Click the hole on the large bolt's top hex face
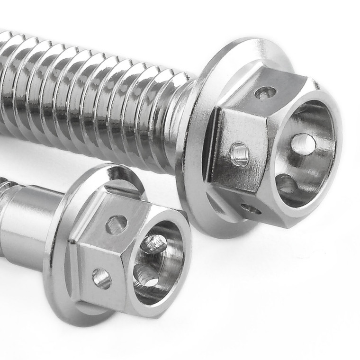[x=265, y=93]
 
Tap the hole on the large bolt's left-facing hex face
[x=240, y=154]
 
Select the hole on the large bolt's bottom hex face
[x=251, y=208]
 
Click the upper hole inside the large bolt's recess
[x=303, y=144]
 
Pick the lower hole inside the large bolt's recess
[x=286, y=184]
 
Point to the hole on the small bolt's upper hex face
[x=116, y=225]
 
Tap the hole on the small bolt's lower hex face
[x=102, y=278]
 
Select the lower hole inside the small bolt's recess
[x=145, y=275]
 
